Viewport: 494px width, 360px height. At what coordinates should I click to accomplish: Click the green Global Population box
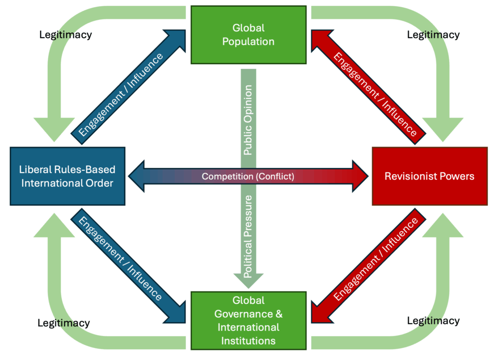pyautogui.click(x=248, y=35)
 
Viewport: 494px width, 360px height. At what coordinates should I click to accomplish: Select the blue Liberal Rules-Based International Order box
pyautogui.click(x=68, y=176)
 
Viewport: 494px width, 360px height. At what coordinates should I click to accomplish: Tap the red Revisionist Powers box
pyautogui.click(x=429, y=176)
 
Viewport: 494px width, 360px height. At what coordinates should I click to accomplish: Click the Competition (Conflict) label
pyautogui.click(x=247, y=176)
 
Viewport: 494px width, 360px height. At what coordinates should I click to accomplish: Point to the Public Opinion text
pyautogui.click(x=248, y=120)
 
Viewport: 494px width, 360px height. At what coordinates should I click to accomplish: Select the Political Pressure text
pyautogui.click(x=248, y=236)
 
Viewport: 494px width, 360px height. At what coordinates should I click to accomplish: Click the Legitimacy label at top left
pyautogui.click(x=65, y=35)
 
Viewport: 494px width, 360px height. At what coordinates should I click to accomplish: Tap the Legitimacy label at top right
pyautogui.click(x=433, y=35)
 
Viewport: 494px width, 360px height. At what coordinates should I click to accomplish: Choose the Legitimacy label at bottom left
pyautogui.click(x=64, y=322)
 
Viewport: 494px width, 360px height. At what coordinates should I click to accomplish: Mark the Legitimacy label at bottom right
pyautogui.click(x=433, y=320)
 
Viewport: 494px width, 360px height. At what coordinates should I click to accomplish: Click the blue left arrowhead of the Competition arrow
pyautogui.click(x=137, y=176)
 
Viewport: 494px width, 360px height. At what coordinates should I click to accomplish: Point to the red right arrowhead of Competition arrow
pyautogui.click(x=359, y=176)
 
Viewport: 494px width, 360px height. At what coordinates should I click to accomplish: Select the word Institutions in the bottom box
pyautogui.click(x=248, y=341)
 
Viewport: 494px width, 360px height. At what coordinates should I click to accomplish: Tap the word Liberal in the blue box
pyautogui.click(x=34, y=169)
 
